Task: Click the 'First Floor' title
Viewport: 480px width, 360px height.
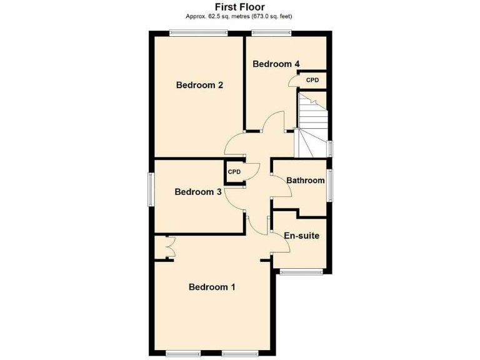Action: (x=239, y=7)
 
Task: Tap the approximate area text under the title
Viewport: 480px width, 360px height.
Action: (x=239, y=16)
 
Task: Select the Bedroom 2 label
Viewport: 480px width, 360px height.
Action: (x=199, y=86)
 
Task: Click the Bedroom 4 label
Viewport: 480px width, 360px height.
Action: (x=276, y=64)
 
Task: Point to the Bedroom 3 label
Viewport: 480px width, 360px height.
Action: (x=197, y=192)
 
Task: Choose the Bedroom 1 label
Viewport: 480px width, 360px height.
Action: (x=212, y=287)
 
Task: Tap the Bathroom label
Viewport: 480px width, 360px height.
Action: (x=305, y=181)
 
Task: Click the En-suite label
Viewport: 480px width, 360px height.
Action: (x=302, y=236)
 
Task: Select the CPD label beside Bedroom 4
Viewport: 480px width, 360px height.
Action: (x=312, y=80)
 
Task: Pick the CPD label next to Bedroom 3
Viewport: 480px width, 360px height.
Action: (x=234, y=172)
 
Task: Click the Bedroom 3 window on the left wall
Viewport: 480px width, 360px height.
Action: (x=150, y=189)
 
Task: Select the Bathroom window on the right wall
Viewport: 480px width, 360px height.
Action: (x=331, y=185)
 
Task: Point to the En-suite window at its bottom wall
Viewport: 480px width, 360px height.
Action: (x=301, y=272)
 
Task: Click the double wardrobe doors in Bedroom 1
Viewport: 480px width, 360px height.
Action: (x=167, y=248)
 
